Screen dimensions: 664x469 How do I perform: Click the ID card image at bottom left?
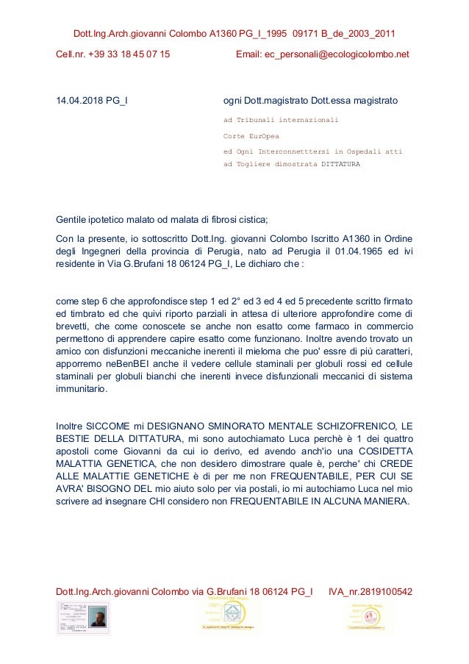pos(82,618)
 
